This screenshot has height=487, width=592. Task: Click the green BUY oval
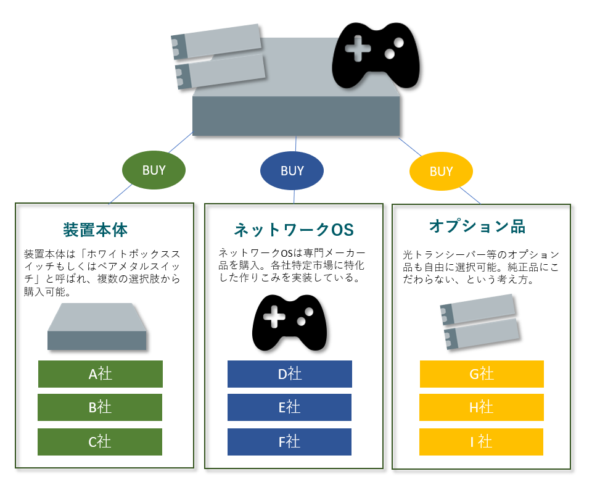pyautogui.click(x=154, y=170)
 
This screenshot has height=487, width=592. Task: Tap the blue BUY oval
pyautogui.click(x=292, y=171)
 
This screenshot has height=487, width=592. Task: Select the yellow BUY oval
pyautogui.click(x=441, y=171)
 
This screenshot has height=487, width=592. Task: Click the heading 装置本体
pyautogui.click(x=95, y=230)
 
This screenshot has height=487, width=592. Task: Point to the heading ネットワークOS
pyautogui.click(x=294, y=230)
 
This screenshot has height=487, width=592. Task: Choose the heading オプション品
pyautogui.click(x=477, y=227)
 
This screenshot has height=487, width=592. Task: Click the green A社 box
pyautogui.click(x=101, y=374)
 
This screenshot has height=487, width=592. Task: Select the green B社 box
pyautogui.click(x=100, y=407)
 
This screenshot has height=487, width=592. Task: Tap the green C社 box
pyautogui.click(x=100, y=442)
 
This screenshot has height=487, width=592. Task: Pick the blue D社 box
pyautogui.click(x=290, y=374)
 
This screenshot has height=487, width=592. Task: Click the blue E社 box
pyautogui.click(x=289, y=407)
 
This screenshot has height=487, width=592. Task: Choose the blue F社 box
pyautogui.click(x=289, y=442)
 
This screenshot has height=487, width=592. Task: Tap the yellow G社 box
pyautogui.click(x=482, y=374)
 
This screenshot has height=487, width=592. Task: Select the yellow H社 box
pyautogui.click(x=482, y=407)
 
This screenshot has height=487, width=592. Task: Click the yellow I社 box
pyautogui.click(x=482, y=442)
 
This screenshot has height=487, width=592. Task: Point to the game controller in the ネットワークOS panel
pyautogui.click(x=290, y=323)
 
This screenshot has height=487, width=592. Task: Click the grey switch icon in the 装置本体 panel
pyautogui.click(x=97, y=327)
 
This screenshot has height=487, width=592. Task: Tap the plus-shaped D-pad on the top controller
pyautogui.click(x=358, y=48)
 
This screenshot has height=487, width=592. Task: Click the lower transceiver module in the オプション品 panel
pyautogui.click(x=482, y=334)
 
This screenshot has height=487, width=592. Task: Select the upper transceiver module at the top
pyautogui.click(x=216, y=41)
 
